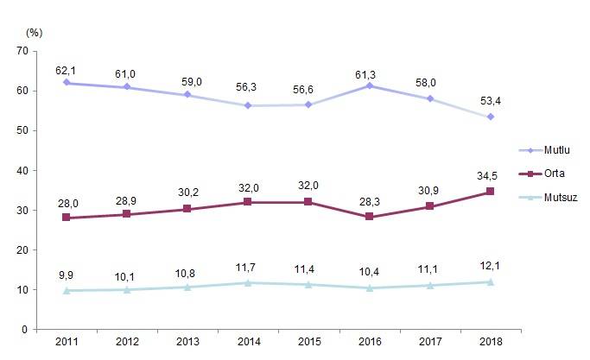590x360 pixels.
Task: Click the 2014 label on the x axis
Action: pos(249,344)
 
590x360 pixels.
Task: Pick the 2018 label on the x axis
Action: pos(491,344)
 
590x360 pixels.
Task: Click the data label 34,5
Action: pos(491,176)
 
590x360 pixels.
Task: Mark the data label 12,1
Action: pos(491,266)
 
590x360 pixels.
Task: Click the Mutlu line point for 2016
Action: pos(370,85)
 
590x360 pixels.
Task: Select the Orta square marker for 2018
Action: pos(491,192)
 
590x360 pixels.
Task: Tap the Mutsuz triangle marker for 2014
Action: pos(249,282)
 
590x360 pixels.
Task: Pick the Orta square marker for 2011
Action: pos(68,218)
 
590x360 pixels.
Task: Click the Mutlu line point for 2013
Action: pos(188,95)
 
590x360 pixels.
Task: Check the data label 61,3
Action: pos(370,69)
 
